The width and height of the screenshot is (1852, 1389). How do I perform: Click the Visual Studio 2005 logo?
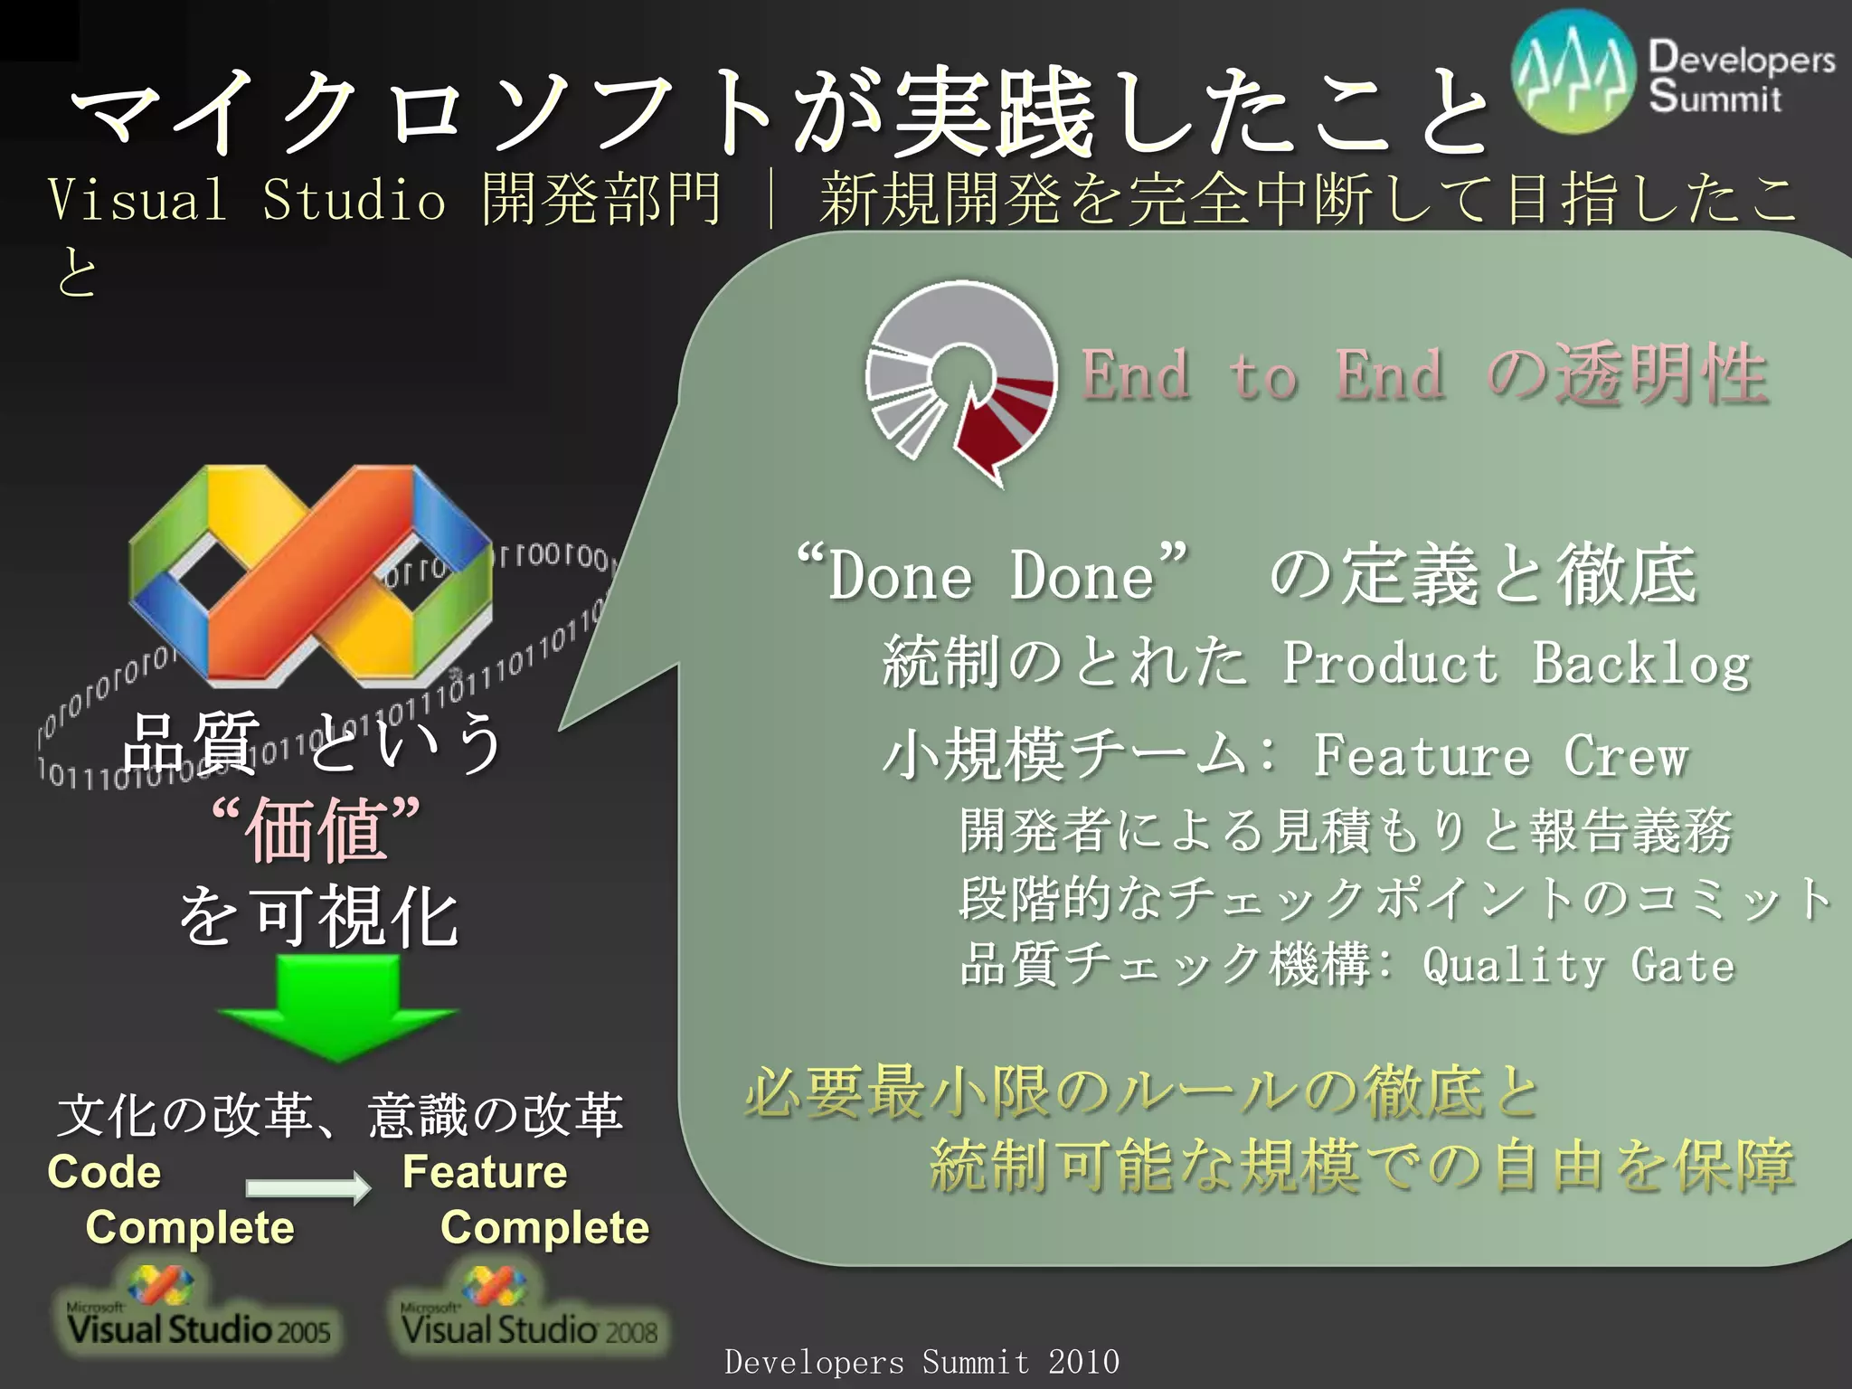tap(197, 1311)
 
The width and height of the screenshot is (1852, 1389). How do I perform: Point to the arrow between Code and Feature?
tap(307, 1186)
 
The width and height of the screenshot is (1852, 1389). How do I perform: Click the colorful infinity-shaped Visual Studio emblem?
tap(310, 574)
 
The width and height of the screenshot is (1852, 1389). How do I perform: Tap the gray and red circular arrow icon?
tap(960, 380)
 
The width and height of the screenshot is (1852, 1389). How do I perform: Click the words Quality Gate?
tap(1578, 965)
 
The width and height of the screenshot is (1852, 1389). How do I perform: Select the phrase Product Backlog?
tap(1516, 663)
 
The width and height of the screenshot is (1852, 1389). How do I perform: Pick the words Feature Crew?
tap(1500, 755)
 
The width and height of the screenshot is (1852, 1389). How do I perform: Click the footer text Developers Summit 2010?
tap(921, 1361)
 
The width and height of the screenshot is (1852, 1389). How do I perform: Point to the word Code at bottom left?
tap(104, 1172)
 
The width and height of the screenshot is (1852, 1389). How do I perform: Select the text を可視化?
tap(318, 917)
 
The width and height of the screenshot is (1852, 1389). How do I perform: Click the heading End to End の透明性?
tap(1424, 375)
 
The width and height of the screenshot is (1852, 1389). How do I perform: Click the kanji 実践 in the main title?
tap(993, 113)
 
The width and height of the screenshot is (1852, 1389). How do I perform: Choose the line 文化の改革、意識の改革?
tap(340, 1114)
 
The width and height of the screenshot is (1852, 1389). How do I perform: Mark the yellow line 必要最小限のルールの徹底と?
tap(1141, 1092)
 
